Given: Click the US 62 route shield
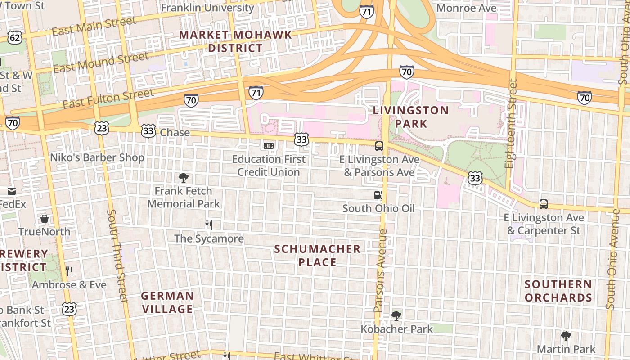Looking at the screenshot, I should pos(15,37).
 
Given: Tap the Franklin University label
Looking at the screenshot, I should pos(207,8).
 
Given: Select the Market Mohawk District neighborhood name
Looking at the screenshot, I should pos(235,41).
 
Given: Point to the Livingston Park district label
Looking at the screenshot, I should pos(411,117).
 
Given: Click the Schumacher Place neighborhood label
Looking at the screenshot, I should pos(317,255).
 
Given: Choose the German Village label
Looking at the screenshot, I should pos(167,302).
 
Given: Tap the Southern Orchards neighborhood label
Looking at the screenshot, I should pos(558,291).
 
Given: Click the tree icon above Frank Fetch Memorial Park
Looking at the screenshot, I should pos(183,177).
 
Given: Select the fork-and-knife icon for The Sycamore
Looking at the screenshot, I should pos(208,225).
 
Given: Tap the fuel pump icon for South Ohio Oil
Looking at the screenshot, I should pos(378,195).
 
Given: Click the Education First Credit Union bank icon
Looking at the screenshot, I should pos(269,146).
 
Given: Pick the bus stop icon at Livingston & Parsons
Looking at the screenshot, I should pos(379,146).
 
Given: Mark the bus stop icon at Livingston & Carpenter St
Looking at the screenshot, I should pos(544,204).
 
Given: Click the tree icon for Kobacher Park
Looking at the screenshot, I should pos(396,315).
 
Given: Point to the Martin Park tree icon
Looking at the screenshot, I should pos(566,336).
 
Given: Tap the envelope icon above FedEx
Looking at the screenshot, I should pos(11,191).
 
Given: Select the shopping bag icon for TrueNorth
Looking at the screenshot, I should pos(45,219).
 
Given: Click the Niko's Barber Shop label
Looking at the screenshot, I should pos(97,157).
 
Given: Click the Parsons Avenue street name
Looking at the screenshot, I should pos(381,270).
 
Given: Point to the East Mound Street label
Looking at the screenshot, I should pos(101,62).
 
